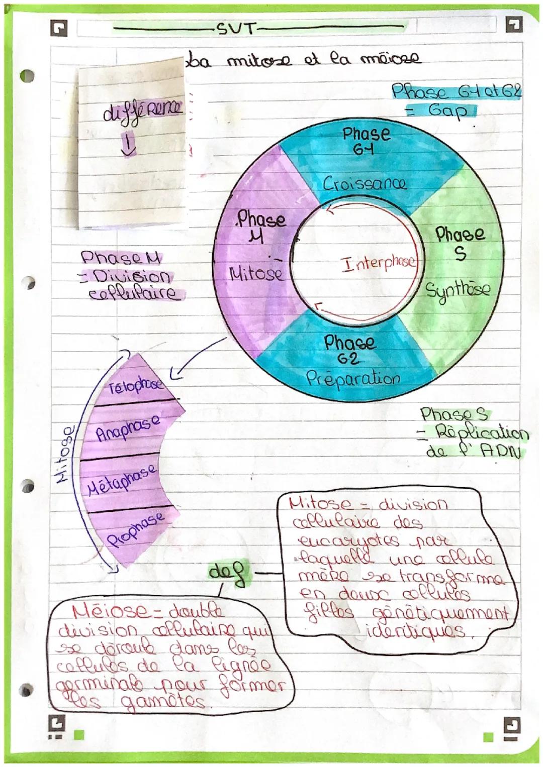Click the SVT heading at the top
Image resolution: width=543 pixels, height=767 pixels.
coord(236,29)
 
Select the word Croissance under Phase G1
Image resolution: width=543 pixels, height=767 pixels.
coord(365,183)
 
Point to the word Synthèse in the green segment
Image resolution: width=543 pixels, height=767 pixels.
coord(457,290)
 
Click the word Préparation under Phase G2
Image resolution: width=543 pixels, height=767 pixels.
coord(353,378)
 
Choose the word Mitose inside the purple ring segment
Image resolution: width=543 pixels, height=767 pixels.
coord(256,274)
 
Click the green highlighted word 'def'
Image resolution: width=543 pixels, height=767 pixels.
coord(229,573)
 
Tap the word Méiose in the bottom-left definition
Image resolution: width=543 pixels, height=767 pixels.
coord(103,612)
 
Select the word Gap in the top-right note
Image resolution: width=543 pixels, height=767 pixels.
coord(447,110)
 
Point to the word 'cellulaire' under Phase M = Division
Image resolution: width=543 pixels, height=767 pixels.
coord(133,293)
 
